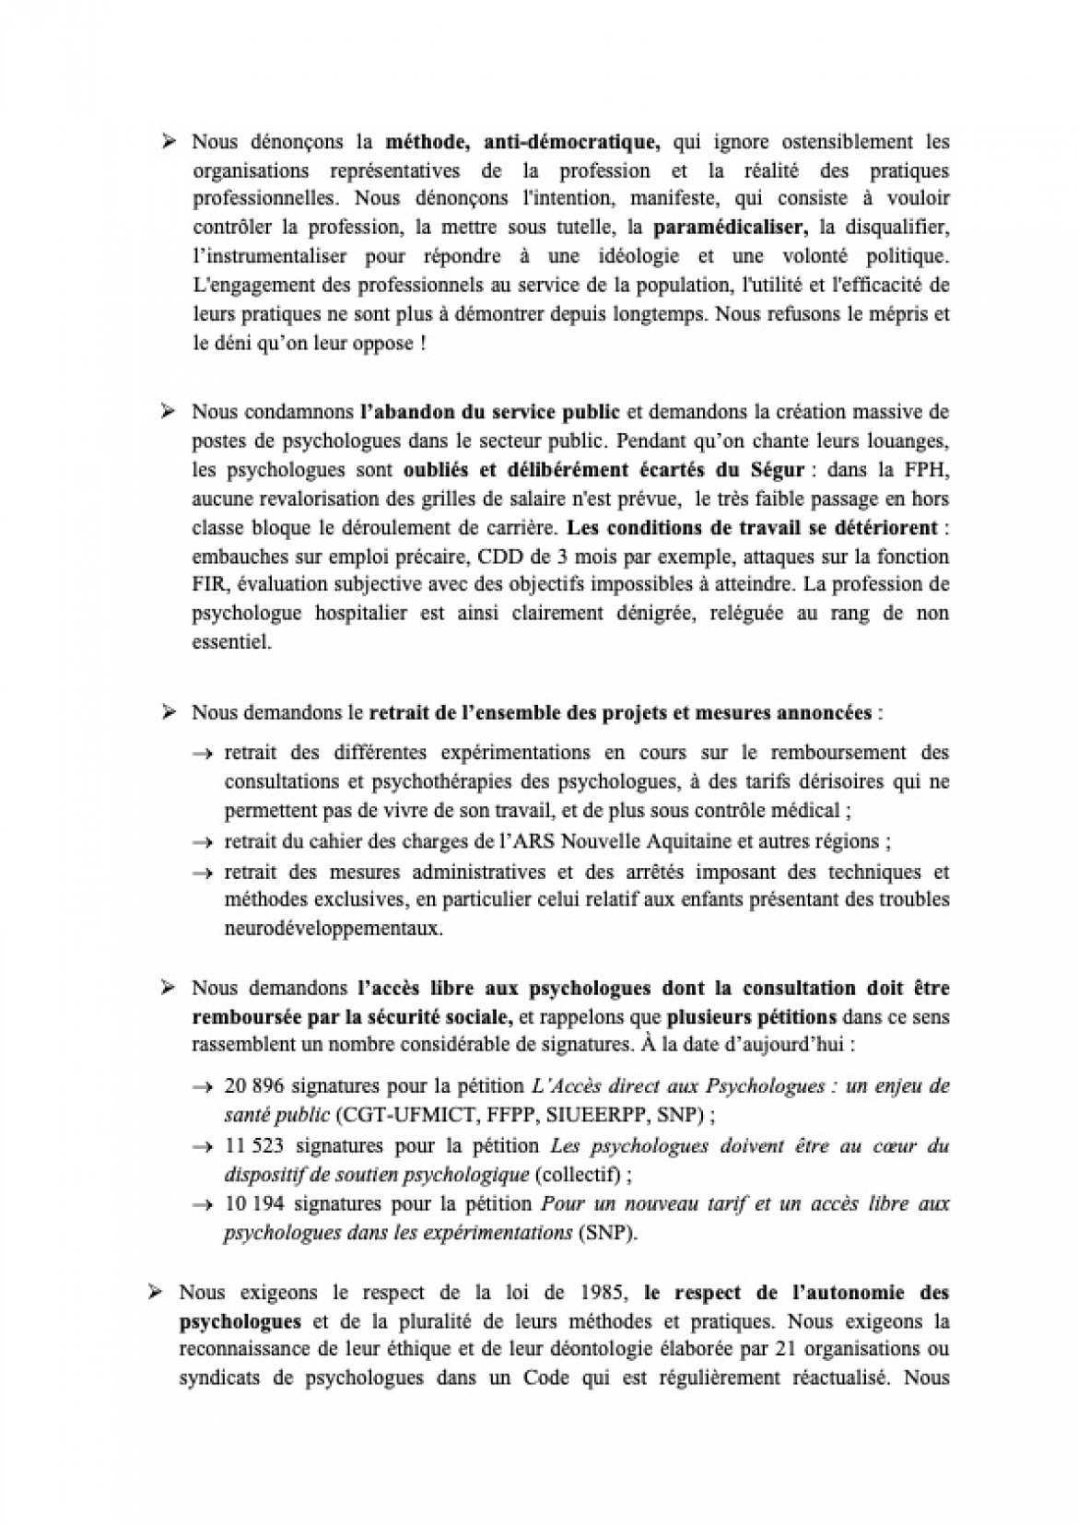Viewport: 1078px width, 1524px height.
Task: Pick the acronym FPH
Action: (929, 471)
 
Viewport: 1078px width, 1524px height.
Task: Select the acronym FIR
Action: (208, 585)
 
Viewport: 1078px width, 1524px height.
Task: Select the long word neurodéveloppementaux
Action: (334, 929)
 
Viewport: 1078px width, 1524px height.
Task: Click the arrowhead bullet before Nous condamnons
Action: (169, 411)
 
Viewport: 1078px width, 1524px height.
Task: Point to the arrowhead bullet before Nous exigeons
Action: (156, 1293)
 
